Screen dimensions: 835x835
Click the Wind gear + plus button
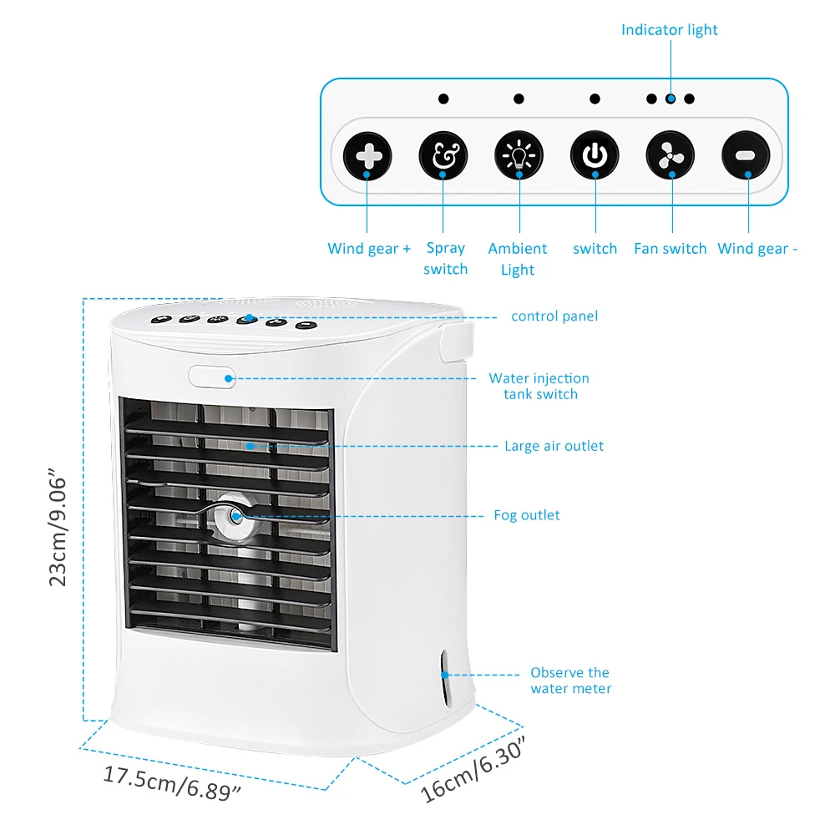pyautogui.click(x=367, y=156)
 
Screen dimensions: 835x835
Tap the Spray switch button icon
pyautogui.click(x=443, y=156)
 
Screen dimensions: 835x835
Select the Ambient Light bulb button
pyautogui.click(x=519, y=156)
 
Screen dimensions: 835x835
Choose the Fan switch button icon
pyautogui.click(x=671, y=156)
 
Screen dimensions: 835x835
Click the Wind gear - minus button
pyautogui.click(x=746, y=156)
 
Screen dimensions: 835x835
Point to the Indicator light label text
pyautogui.click(x=669, y=30)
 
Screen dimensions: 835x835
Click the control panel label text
pyautogui.click(x=554, y=316)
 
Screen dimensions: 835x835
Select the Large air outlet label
pyautogui.click(x=554, y=446)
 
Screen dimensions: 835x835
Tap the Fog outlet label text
pyautogui.click(x=527, y=515)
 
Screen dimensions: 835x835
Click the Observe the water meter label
pyautogui.click(x=570, y=681)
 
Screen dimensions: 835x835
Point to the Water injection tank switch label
pyautogui.click(x=539, y=386)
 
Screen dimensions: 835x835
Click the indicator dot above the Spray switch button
pyautogui.click(x=443, y=99)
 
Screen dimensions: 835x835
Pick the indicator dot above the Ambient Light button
pyautogui.click(x=519, y=99)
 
